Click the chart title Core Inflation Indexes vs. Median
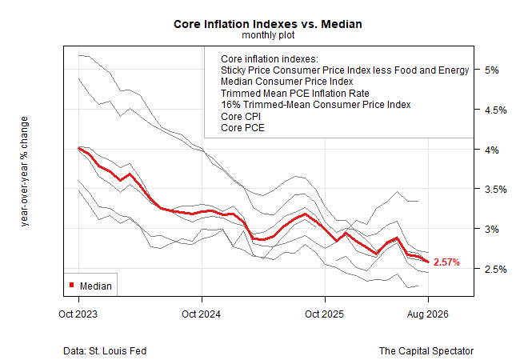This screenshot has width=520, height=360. [268, 24]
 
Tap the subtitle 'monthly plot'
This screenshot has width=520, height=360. [268, 35]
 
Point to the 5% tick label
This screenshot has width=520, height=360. [491, 70]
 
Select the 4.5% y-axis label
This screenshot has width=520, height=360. [495, 110]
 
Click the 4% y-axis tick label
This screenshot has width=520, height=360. [491, 150]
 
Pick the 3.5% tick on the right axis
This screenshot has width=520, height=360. [495, 190]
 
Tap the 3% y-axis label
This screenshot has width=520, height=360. [491, 230]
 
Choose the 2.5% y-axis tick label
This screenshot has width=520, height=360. [495, 269]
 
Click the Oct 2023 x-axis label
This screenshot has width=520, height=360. [78, 314]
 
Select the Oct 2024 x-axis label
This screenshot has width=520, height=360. [201, 314]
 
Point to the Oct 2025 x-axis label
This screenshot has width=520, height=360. [324, 314]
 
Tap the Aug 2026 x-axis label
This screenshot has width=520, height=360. [427, 314]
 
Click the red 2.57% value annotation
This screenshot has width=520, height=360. [446, 262]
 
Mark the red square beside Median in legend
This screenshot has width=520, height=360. [72, 285]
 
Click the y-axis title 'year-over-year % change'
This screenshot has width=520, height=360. [24, 171]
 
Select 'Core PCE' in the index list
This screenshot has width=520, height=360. [242, 128]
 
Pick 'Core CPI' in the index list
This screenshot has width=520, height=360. [241, 117]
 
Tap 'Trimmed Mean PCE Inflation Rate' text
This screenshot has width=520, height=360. [295, 94]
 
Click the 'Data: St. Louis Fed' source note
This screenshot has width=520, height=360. [105, 350]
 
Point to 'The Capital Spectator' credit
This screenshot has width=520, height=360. [426, 350]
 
